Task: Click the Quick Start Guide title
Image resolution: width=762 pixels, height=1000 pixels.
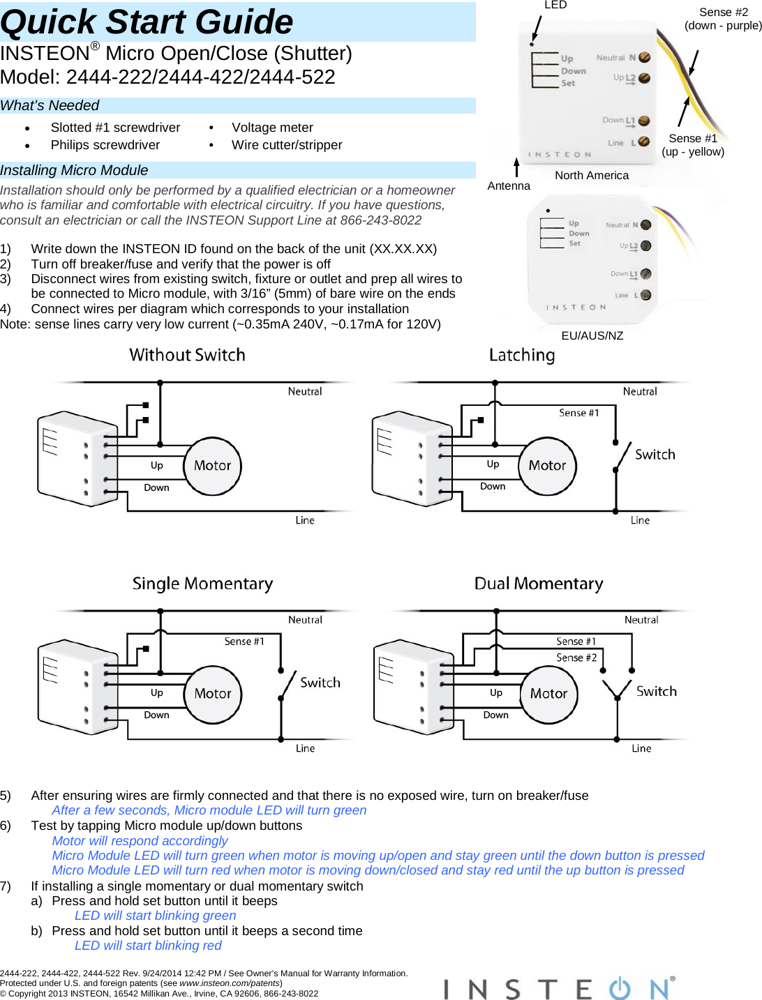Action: click(x=147, y=22)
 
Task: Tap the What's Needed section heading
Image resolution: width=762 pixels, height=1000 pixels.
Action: click(x=50, y=105)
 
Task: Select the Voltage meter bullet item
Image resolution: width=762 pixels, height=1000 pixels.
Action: click(x=272, y=128)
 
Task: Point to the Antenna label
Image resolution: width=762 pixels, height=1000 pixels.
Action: click(x=509, y=185)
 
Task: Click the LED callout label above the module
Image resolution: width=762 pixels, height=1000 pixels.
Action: click(x=555, y=5)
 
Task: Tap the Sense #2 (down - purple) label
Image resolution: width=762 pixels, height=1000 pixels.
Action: click(x=723, y=19)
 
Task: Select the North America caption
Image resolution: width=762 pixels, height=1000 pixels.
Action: click(x=592, y=175)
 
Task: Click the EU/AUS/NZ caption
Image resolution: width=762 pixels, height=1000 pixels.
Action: click(x=592, y=335)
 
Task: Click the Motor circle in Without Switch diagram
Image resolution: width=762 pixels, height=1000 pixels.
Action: click(x=212, y=466)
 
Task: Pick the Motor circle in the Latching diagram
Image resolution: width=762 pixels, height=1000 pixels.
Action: click(x=547, y=466)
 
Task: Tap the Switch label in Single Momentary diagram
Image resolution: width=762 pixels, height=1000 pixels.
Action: click(x=320, y=683)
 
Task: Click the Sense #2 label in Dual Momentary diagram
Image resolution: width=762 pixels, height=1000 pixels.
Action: click(x=576, y=658)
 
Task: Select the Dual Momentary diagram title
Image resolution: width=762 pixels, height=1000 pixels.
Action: click(x=539, y=584)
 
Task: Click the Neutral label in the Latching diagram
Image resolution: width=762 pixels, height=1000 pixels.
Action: click(x=640, y=392)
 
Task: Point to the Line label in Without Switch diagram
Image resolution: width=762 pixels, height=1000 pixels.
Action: click(x=305, y=520)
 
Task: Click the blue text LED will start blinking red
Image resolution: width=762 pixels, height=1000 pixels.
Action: click(x=148, y=946)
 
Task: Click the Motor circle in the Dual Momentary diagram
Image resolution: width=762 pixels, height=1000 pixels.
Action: click(x=549, y=694)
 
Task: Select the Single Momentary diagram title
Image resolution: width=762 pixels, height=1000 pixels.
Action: click(x=202, y=584)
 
